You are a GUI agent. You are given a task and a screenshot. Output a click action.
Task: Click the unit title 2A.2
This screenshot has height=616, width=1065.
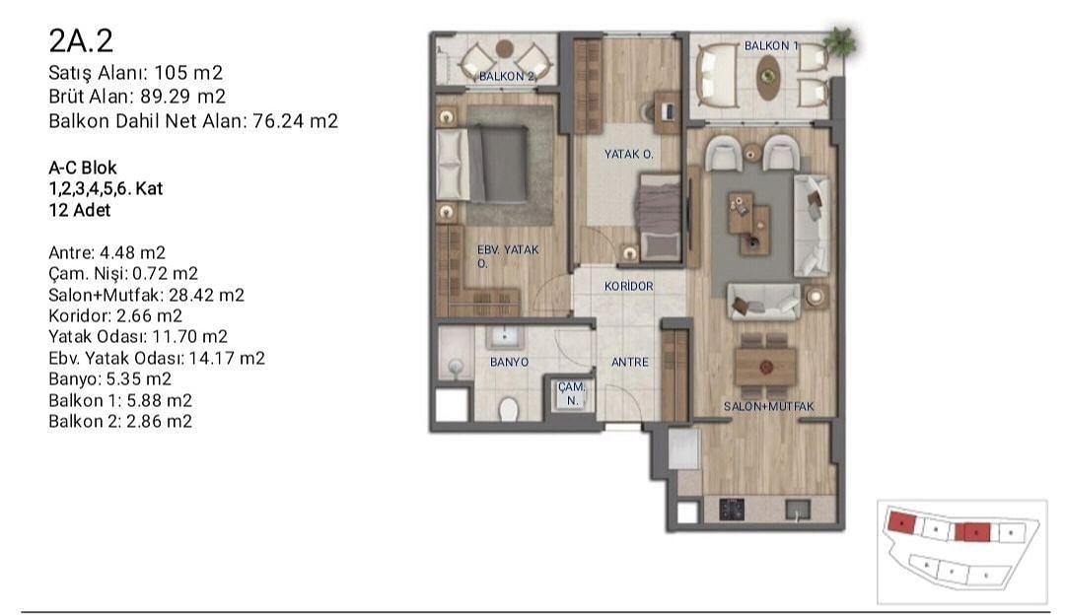[x=81, y=41]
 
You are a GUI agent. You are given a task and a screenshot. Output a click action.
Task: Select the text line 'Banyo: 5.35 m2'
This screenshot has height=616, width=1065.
[x=110, y=379]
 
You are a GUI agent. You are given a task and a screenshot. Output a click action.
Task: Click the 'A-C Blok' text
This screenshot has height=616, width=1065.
[x=83, y=168]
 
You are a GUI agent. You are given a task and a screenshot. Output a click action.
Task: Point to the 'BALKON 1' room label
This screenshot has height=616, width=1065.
[x=771, y=45]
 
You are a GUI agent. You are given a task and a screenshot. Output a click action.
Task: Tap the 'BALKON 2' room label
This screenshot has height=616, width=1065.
[x=507, y=76]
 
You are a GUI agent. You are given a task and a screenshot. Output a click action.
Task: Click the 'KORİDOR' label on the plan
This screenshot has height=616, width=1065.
[x=629, y=287]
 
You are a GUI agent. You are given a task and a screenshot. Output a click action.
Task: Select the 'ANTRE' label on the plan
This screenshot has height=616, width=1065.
[x=629, y=363]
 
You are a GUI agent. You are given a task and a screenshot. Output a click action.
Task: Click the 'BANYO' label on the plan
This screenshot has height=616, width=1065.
[x=510, y=363]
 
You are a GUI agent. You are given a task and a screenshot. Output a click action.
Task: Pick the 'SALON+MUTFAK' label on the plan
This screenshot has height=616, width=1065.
[x=769, y=407]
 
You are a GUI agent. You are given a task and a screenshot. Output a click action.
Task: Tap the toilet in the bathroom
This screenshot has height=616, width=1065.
[x=508, y=409]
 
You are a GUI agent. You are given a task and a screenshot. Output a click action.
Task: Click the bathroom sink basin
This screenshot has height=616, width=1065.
[x=504, y=336]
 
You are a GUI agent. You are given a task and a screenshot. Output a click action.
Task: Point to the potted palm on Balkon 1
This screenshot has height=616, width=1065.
[x=840, y=42]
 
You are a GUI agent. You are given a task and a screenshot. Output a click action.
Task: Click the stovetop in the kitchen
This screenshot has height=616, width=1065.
[x=732, y=509]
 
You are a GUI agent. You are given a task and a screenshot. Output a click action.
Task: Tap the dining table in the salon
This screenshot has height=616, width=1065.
[x=766, y=367]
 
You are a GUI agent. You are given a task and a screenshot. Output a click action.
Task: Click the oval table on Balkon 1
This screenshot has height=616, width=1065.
[x=768, y=77]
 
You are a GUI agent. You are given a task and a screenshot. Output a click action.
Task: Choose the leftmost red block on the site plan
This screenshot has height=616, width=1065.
[x=901, y=522]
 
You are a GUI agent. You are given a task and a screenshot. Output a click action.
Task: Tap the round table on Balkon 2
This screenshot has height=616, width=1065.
[x=504, y=49]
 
